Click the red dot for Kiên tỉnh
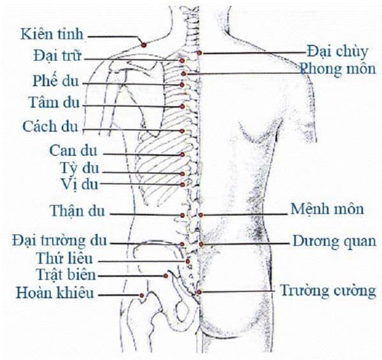pyautogui.click(x=144, y=45)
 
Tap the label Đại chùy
pyautogui.click(x=337, y=52)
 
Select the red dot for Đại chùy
pyautogui.click(x=199, y=53)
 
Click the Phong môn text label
pyautogui.click(x=337, y=69)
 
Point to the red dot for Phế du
pyautogui.click(x=181, y=85)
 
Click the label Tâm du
pyautogui.click(x=54, y=103)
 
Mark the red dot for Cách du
pyautogui.click(x=181, y=131)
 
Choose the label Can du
pyautogui.click(x=73, y=150)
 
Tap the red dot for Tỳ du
pyautogui.click(x=182, y=174)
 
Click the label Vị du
pyautogui.click(x=80, y=184)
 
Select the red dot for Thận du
pyautogui.click(x=183, y=215)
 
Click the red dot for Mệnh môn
pyautogui.click(x=201, y=215)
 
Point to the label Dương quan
pyautogui.click(x=334, y=241)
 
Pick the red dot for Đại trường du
pyautogui.click(x=182, y=244)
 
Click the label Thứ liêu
pyautogui.click(x=64, y=258)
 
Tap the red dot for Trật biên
pyautogui.click(x=166, y=276)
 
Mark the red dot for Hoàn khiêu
pyautogui.click(x=141, y=296)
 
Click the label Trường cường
pyautogui.click(x=328, y=291)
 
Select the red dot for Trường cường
pyautogui.click(x=199, y=292)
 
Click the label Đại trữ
pyautogui.click(x=57, y=55)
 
